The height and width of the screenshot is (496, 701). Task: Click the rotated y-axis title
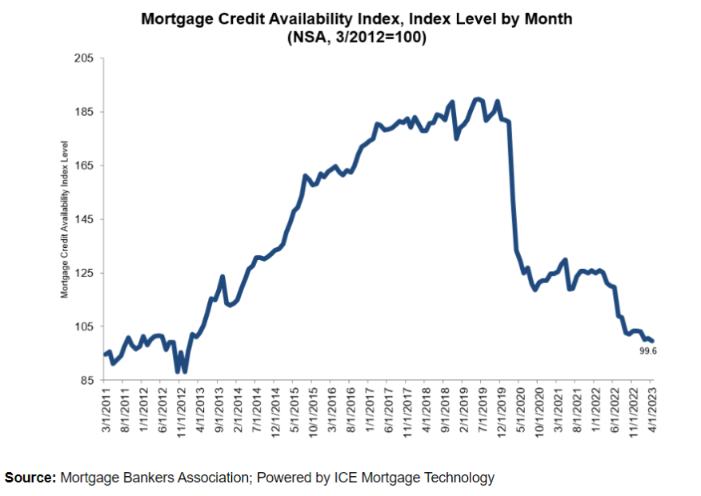click(x=66, y=219)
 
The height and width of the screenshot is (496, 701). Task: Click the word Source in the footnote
click(x=29, y=478)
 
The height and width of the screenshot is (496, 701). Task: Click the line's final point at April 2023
click(x=652, y=342)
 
